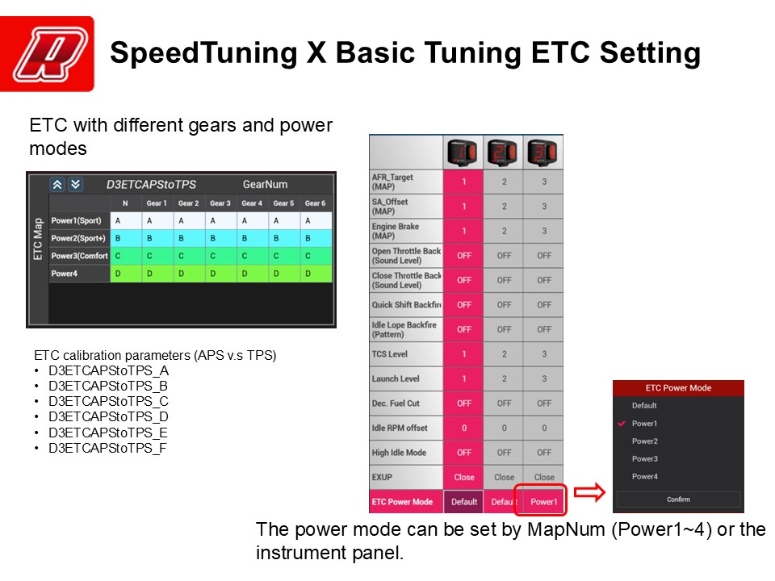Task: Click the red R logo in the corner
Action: (47, 54)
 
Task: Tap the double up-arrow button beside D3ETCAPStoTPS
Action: (57, 185)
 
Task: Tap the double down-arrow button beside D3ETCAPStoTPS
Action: (75, 185)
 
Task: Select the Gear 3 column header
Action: (220, 203)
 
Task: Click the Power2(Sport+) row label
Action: (78, 238)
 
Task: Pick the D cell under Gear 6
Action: (316, 274)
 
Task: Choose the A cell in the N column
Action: (126, 221)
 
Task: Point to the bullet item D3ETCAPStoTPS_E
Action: (107, 433)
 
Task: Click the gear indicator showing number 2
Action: (503, 153)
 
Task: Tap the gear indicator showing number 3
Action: (542, 153)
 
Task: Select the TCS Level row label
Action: (390, 353)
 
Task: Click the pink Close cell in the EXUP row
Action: (463, 477)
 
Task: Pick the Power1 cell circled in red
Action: (543, 502)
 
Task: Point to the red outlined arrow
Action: (589, 492)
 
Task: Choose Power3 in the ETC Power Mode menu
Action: (644, 459)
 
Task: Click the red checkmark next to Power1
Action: (622, 424)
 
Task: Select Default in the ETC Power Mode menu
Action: (644, 406)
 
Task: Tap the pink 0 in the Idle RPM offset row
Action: (463, 428)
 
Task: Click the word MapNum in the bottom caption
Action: (566, 529)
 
